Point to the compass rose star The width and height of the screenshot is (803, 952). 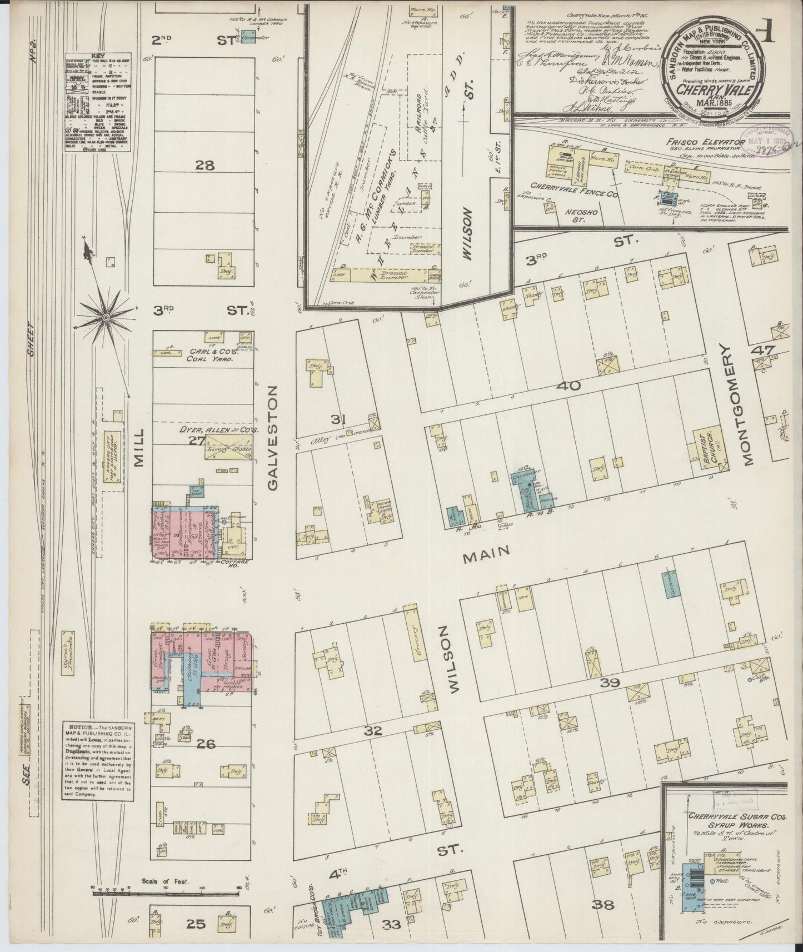[x=105, y=317]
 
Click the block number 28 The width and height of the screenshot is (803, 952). [x=205, y=165]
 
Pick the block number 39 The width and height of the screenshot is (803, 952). [x=610, y=683]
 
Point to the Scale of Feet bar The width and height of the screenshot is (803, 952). [x=167, y=891]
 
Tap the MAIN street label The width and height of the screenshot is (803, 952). [x=488, y=551]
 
